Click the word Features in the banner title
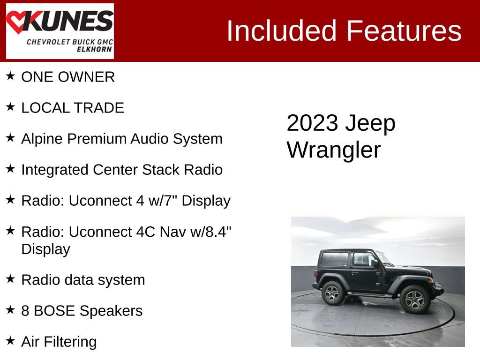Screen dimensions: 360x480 pos(404,31)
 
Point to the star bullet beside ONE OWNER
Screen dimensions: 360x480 pos(10,76)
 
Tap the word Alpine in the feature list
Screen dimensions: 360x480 pos(42,139)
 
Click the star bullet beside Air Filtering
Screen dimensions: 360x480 pos(10,340)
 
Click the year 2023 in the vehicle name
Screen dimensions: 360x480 pos(312,123)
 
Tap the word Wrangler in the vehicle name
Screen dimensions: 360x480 pos(334,150)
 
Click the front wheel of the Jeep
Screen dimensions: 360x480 pos(415,299)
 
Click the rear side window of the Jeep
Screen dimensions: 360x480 pos(334,260)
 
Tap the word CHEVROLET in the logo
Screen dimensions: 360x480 pos(48,42)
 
